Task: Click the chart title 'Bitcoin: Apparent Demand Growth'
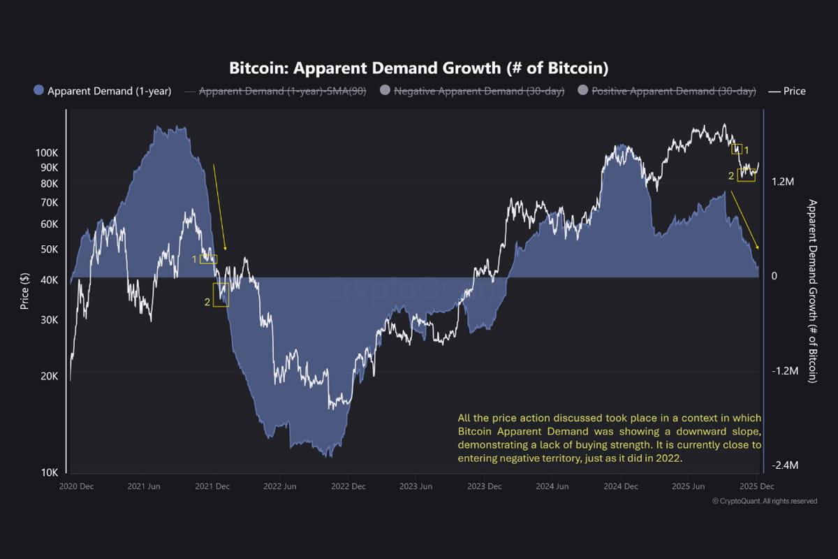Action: pyautogui.click(x=419, y=68)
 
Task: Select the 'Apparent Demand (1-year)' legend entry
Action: pyautogui.click(x=103, y=91)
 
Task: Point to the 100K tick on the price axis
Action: pyautogui.click(x=47, y=152)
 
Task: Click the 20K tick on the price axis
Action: pyautogui.click(x=49, y=376)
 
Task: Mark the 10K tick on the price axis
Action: pyautogui.click(x=49, y=472)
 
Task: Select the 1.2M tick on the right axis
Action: pyautogui.click(x=783, y=182)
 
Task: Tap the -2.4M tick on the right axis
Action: pyautogui.click(x=781, y=465)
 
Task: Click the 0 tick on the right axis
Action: pyautogui.click(x=774, y=276)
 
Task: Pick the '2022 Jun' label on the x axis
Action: pyautogui.click(x=279, y=486)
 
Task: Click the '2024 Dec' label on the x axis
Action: pyautogui.click(x=621, y=486)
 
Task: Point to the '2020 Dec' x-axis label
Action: pyautogui.click(x=77, y=486)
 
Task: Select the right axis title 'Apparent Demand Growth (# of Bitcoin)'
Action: pyautogui.click(x=812, y=291)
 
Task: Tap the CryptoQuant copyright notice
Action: pyautogui.click(x=764, y=501)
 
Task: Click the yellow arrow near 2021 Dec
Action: pyautogui.click(x=219, y=207)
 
